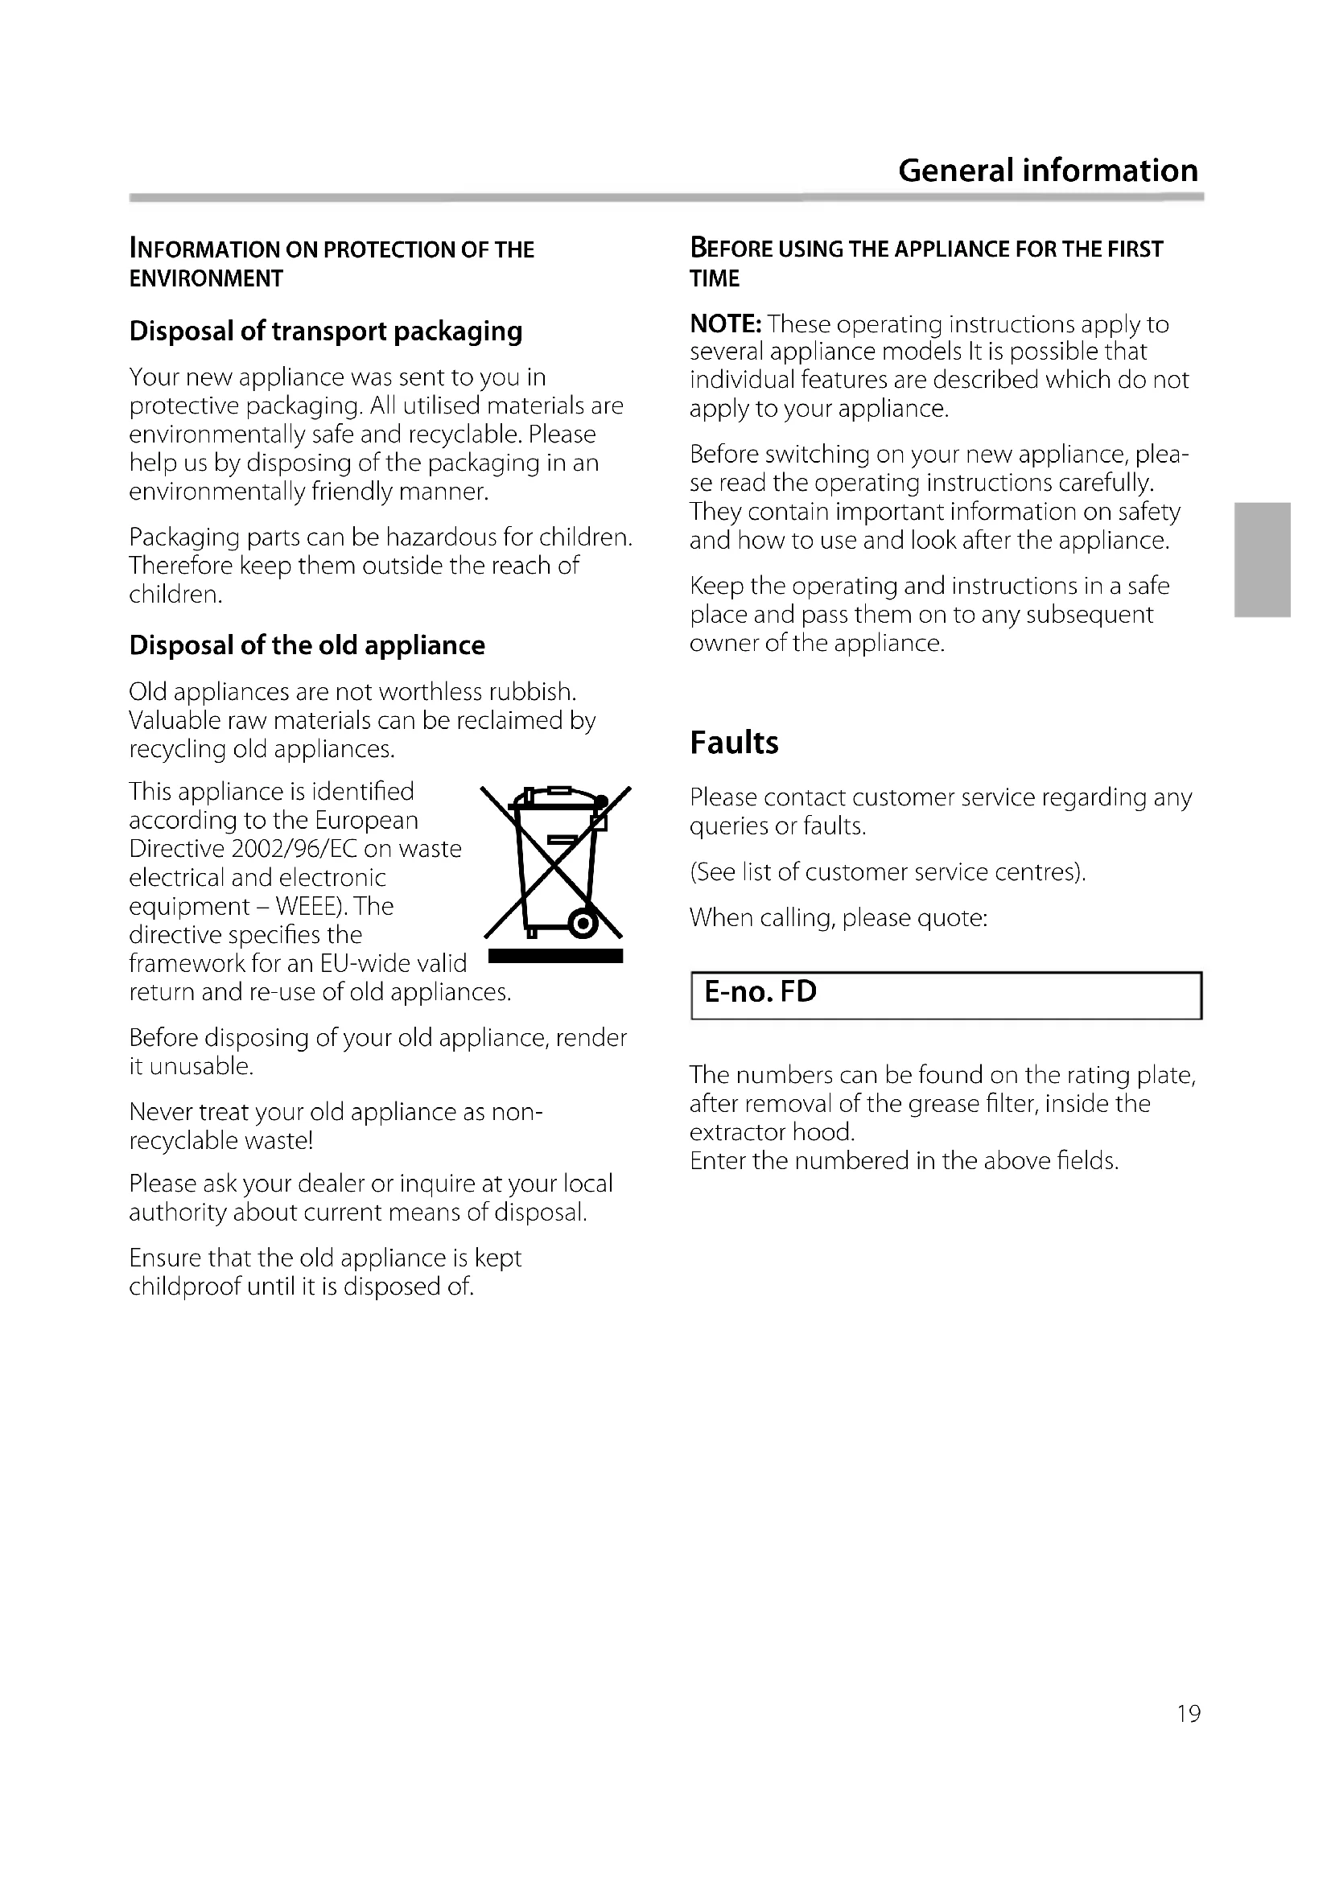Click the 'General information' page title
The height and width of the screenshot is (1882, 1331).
(x=1048, y=171)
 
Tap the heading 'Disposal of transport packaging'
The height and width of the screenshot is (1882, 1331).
(x=325, y=332)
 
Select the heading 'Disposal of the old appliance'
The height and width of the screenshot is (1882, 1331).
(x=307, y=645)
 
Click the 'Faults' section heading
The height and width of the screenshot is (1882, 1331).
(x=734, y=743)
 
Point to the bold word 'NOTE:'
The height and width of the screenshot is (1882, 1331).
(x=725, y=323)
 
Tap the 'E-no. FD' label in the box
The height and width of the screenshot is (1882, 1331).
(x=760, y=992)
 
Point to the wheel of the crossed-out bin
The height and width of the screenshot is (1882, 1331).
(x=583, y=925)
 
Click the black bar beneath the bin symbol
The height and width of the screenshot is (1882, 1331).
(x=555, y=956)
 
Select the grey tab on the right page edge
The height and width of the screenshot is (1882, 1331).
(x=1263, y=560)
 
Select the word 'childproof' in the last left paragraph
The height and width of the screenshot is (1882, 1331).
(x=184, y=1286)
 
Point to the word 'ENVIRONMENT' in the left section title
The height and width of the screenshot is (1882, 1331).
(x=206, y=278)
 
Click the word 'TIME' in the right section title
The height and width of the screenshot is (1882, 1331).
(x=714, y=278)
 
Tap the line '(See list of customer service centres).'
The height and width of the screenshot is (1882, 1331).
(x=887, y=871)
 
